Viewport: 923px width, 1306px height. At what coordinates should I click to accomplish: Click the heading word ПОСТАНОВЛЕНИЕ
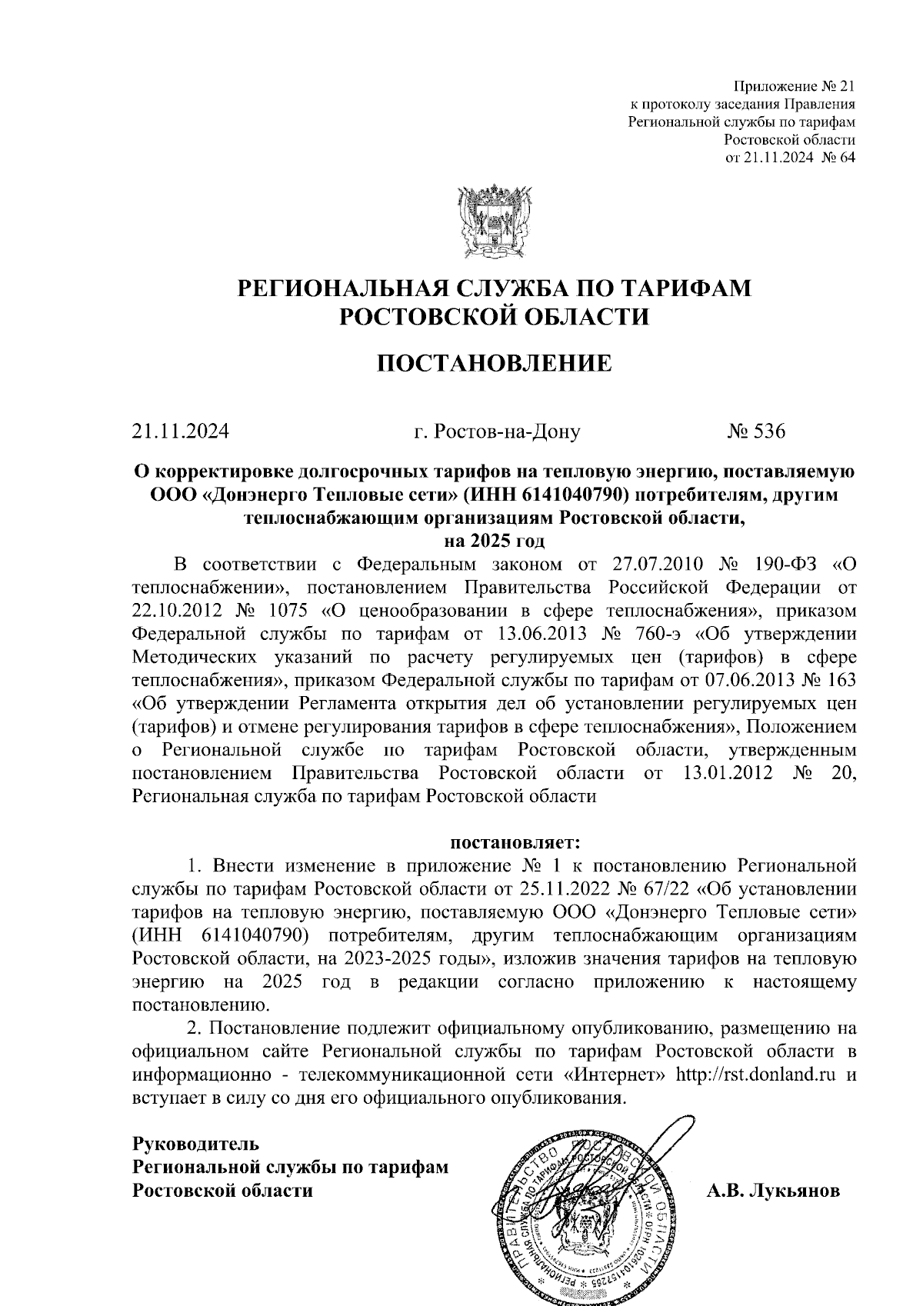pos(495,363)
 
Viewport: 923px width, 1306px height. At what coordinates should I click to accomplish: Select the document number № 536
pos(757,431)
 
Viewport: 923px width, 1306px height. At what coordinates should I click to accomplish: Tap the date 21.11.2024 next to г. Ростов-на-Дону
pos(180,431)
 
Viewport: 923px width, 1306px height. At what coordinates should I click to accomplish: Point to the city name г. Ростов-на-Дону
pos(497,431)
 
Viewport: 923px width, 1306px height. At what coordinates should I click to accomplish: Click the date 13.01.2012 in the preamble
pos(727,772)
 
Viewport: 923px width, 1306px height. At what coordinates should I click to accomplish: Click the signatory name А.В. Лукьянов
pos(773,1191)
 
